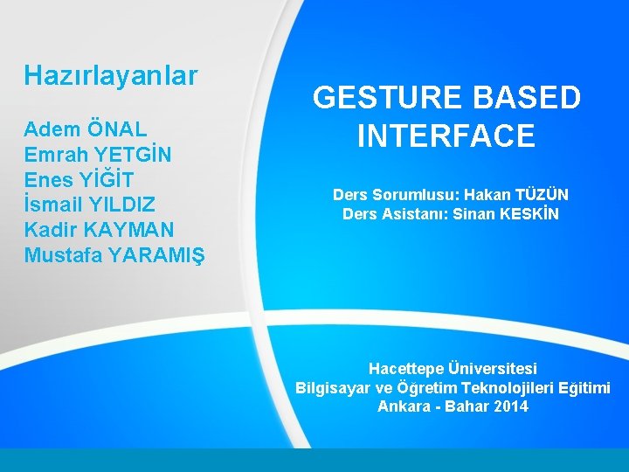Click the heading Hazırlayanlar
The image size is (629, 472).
(x=111, y=76)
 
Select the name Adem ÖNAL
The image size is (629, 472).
(x=86, y=129)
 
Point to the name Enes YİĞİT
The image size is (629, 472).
(x=79, y=180)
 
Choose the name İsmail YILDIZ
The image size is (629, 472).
(x=90, y=205)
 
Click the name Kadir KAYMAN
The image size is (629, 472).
(x=100, y=230)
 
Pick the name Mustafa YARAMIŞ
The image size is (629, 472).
(x=114, y=255)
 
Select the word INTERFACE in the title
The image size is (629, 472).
(x=446, y=136)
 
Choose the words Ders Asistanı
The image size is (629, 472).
(x=385, y=214)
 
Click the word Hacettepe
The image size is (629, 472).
(x=406, y=369)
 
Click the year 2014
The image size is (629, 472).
(x=510, y=406)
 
